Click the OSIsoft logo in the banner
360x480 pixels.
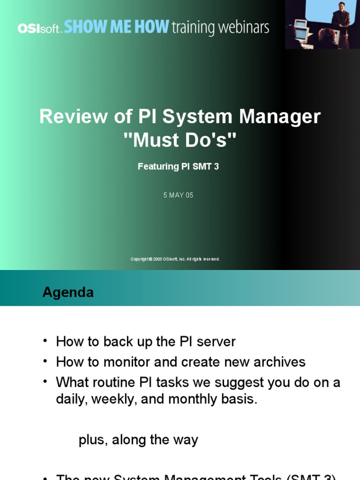coord(40,28)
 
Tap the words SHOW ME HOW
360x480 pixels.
coord(116,27)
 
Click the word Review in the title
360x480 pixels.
coord(73,116)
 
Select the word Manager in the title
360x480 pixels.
coord(280,116)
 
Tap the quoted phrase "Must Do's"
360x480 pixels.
coord(180,140)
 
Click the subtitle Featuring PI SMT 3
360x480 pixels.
coord(178,166)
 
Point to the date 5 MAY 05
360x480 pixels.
coord(178,195)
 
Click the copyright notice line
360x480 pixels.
coord(175,259)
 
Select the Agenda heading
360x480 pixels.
coord(68,292)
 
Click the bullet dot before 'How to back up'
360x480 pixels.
coord(45,340)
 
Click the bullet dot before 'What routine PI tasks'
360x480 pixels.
coord(45,380)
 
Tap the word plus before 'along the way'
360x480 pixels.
coord(92,440)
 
